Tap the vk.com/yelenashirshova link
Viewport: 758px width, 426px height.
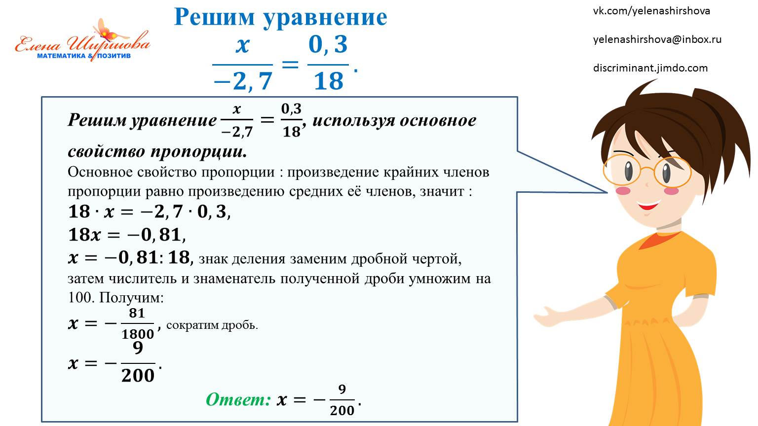(651, 11)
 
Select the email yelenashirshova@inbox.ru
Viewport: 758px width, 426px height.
(657, 39)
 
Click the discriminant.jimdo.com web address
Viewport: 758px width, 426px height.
(650, 68)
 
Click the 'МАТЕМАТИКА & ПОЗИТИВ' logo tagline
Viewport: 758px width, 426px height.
(84, 56)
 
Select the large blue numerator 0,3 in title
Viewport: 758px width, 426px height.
(328, 45)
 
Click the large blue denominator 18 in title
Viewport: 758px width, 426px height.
(328, 81)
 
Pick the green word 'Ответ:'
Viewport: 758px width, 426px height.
(238, 399)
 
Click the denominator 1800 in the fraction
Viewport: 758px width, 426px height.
(138, 334)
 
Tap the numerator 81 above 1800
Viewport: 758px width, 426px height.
(137, 313)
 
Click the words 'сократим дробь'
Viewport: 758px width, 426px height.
(212, 325)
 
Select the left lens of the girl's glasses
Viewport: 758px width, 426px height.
(621, 170)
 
